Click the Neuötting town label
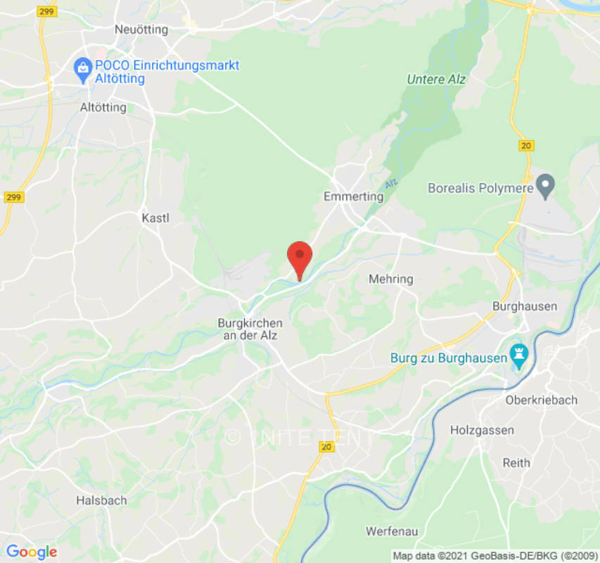tap(141, 30)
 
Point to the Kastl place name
tap(155, 217)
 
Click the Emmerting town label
tap(353, 196)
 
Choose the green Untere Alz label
tap(436, 80)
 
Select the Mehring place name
tap(391, 279)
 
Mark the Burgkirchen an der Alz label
tap(250, 329)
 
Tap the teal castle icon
tap(520, 357)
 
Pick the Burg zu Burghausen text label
tap(449, 358)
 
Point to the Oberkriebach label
tap(542, 400)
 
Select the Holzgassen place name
tap(483, 430)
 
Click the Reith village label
tap(516, 462)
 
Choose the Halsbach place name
tap(101, 500)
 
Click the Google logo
tap(31, 552)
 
